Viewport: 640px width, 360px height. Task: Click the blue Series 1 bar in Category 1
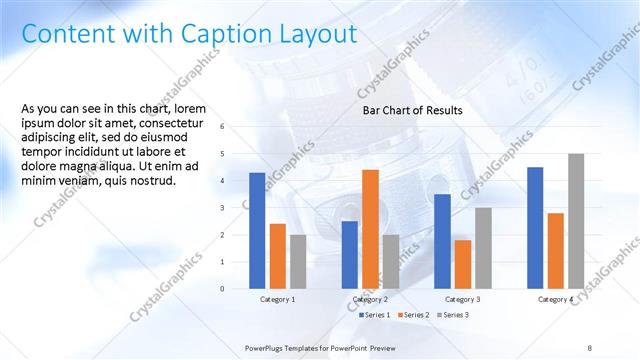point(257,230)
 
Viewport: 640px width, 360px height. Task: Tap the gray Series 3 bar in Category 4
point(575,221)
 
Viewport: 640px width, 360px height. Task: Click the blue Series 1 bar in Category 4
point(535,227)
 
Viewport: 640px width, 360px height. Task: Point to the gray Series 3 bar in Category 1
point(298,261)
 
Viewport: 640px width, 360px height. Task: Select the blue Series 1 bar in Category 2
point(350,254)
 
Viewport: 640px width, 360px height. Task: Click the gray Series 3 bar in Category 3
point(483,248)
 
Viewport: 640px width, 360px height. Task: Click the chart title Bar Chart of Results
point(412,110)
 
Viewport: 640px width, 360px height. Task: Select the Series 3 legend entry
point(451,315)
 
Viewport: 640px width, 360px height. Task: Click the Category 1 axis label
point(277,299)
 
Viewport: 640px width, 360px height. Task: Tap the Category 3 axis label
point(462,299)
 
